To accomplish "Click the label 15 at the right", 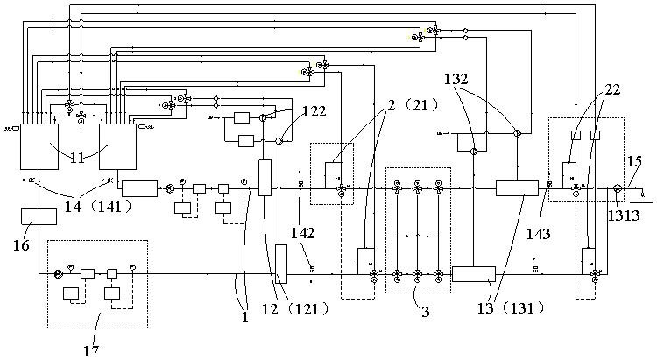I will coord(635,160).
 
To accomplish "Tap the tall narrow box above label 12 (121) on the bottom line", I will coord(282,264).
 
